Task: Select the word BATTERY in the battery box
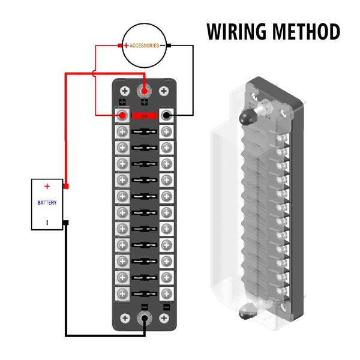tap(47, 203)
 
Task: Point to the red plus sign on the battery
tap(47, 187)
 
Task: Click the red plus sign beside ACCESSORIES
tap(126, 46)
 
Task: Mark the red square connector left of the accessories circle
tap(120, 46)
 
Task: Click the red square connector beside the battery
tap(65, 187)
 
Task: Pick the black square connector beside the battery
tap(65, 222)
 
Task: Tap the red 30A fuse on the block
tap(144, 115)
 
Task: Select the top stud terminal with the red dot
tap(144, 91)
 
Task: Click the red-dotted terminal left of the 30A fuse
tap(122, 115)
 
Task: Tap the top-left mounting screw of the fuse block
tap(125, 91)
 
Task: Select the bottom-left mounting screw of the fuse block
tap(125, 318)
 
